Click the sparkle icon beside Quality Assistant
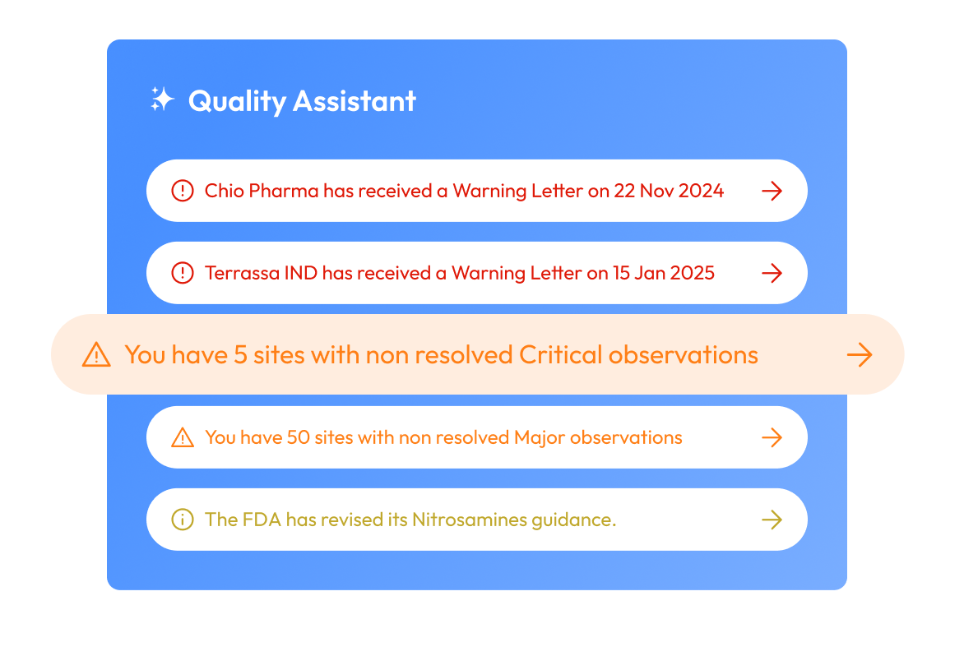pyautogui.click(x=162, y=100)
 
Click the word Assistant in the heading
pyautogui.click(x=355, y=101)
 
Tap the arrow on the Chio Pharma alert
pyautogui.click(x=772, y=191)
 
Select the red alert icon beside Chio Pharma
pyautogui.click(x=182, y=191)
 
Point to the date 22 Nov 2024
pyautogui.click(x=668, y=191)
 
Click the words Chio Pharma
pyautogui.click(x=261, y=191)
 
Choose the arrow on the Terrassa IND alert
pyautogui.click(x=772, y=273)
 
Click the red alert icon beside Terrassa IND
pyautogui.click(x=182, y=273)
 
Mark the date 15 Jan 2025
pyautogui.click(x=663, y=273)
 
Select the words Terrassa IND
pyautogui.click(x=261, y=273)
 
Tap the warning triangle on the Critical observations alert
pyautogui.click(x=96, y=355)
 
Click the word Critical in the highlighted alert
pyautogui.click(x=560, y=354)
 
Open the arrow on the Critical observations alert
pyautogui.click(x=860, y=355)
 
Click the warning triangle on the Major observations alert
pyautogui.click(x=182, y=437)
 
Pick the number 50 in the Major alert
pyautogui.click(x=296, y=437)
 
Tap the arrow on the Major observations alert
pyautogui.click(x=772, y=437)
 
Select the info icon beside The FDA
pyautogui.click(x=182, y=520)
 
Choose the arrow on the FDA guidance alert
pyautogui.click(x=772, y=520)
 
